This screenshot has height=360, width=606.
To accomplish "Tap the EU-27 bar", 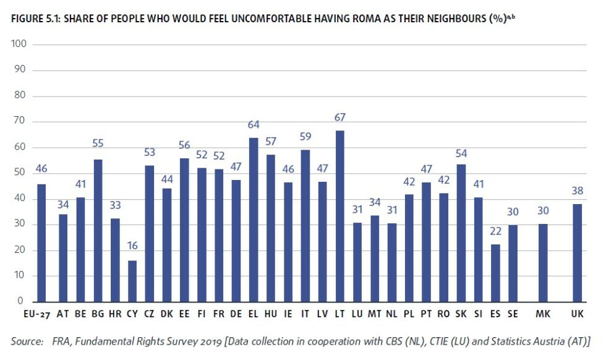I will tap(41, 242).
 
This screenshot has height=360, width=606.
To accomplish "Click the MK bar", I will tap(542, 263).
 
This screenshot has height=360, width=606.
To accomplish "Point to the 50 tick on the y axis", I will tap(20, 173).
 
